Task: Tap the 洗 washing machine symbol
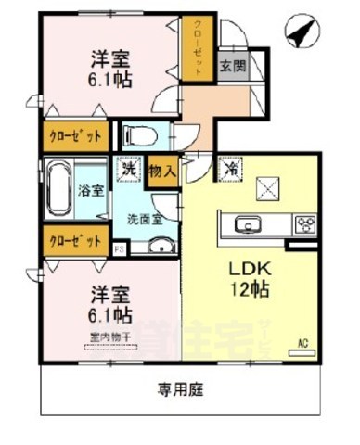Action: [128, 170]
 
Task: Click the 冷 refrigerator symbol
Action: [229, 170]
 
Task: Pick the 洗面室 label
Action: [145, 220]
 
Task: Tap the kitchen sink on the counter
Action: [248, 224]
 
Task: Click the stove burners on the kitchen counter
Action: [304, 224]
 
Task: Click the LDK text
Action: [249, 270]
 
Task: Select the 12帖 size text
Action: [249, 290]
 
